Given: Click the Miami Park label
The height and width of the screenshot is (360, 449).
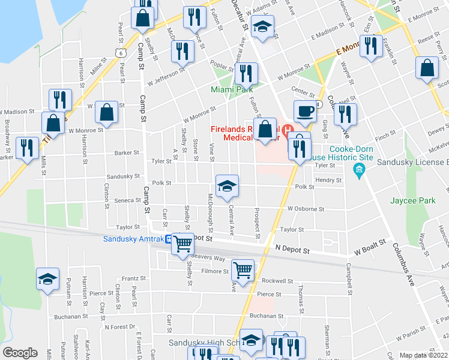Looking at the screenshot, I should click(x=232, y=89).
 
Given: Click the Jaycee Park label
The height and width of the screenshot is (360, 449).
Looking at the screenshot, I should click(x=412, y=200).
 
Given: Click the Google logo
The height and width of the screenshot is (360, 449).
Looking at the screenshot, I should click(x=20, y=353).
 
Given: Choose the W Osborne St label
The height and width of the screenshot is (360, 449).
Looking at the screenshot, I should click(x=306, y=209).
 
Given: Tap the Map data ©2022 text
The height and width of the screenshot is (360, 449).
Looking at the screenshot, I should click(x=424, y=355).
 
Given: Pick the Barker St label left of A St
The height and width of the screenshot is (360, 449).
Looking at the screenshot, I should click(x=127, y=153).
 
